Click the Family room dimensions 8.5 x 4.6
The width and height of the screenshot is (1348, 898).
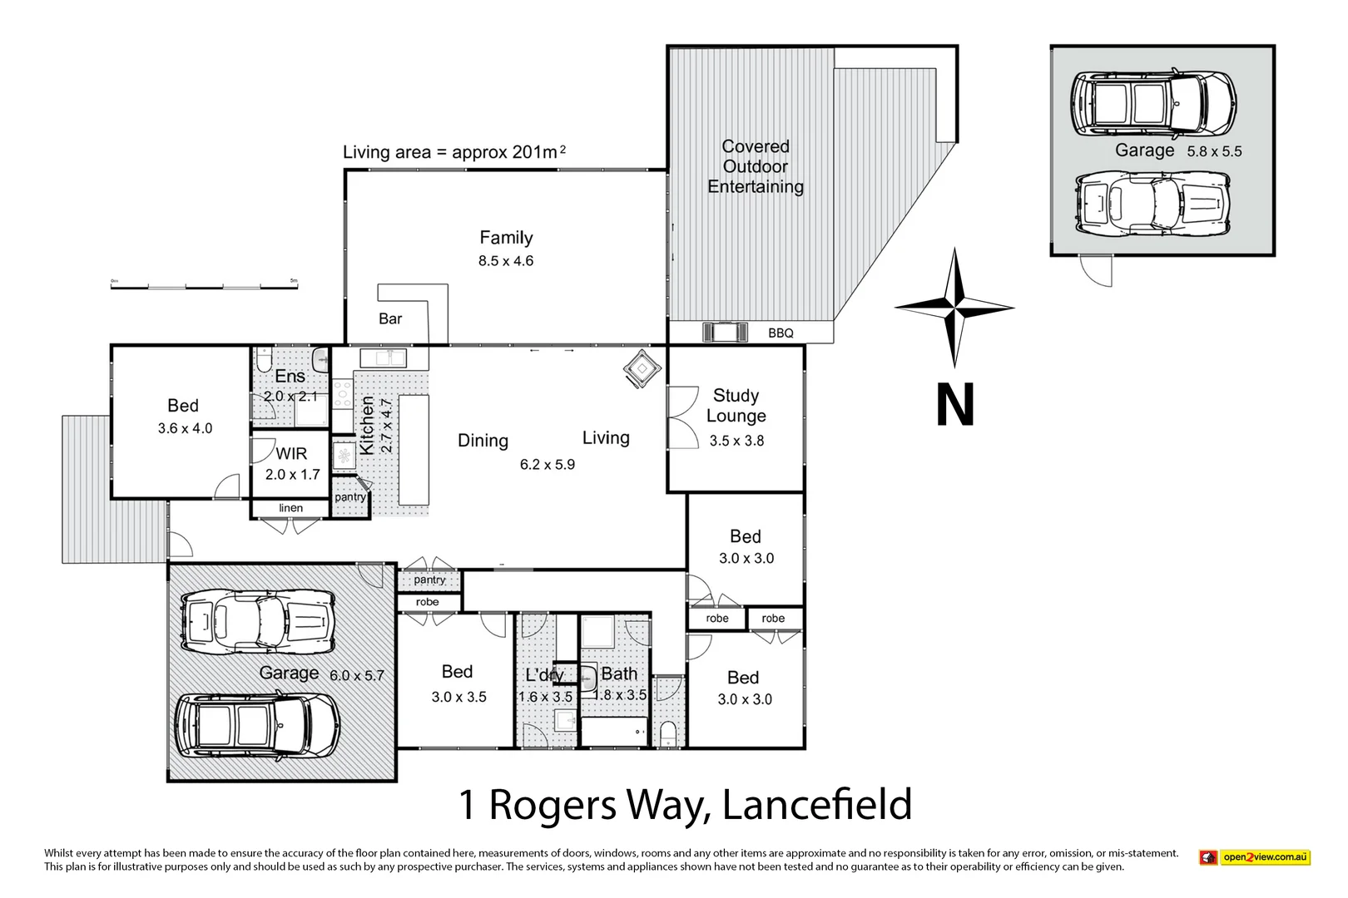505,261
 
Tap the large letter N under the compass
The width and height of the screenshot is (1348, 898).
954,406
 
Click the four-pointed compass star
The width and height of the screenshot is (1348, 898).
954,308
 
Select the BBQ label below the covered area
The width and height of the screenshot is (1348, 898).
781,333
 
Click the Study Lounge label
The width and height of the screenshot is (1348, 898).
736,406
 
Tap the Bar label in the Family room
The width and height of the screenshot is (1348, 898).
390,318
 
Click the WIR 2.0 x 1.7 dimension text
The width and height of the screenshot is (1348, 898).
292,475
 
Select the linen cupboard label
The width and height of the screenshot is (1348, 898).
290,508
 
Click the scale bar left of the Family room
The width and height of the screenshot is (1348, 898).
204,284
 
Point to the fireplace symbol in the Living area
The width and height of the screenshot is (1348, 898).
642,368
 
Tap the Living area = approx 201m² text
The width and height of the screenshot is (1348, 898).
454,152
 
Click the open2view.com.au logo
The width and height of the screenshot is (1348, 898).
1255,857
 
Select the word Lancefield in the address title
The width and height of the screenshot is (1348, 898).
817,805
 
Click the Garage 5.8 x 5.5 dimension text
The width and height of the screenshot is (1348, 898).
1214,151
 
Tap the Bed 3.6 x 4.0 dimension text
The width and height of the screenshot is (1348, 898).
185,429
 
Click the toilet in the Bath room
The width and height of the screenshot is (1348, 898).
667,734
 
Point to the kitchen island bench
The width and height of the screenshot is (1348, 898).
414,450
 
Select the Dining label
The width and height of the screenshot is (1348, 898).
483,441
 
